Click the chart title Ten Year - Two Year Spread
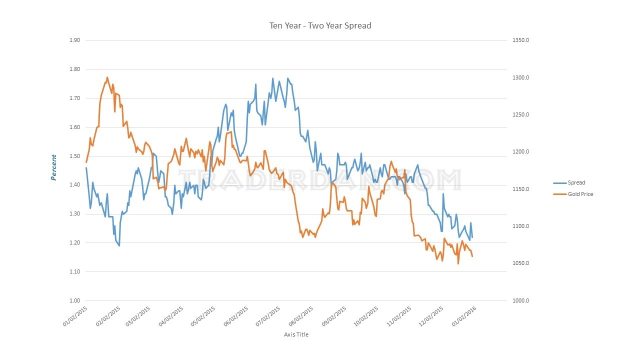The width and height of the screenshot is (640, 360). point(320,25)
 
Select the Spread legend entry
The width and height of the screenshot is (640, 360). point(576,182)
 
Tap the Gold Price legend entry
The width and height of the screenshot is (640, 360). point(580,194)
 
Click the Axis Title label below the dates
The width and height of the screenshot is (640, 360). point(296,334)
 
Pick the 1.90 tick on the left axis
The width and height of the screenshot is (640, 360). point(74,40)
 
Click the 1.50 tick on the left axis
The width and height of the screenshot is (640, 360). point(74,156)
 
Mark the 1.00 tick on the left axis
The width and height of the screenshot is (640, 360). point(74,301)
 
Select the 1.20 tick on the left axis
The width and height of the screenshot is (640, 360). point(74,243)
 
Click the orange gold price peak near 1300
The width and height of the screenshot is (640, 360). point(107,77)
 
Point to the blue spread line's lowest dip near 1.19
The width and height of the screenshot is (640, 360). point(119,245)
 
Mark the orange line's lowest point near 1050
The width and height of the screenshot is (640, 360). point(458,263)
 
